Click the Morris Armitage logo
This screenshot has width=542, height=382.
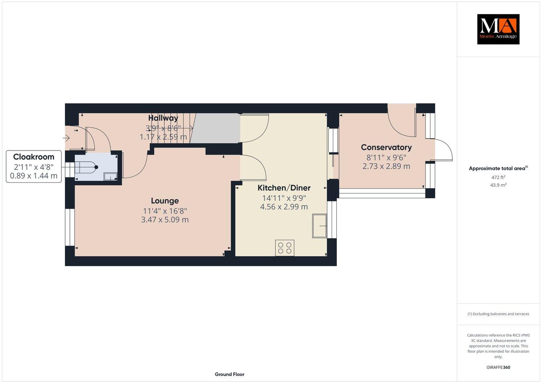[x=498, y=29]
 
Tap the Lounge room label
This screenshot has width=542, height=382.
[x=165, y=201]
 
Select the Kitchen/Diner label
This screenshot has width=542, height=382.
[x=284, y=188]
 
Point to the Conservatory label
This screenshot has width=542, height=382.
[x=386, y=147]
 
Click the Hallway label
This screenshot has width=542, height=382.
[x=163, y=118]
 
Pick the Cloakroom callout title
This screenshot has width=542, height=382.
[x=34, y=156]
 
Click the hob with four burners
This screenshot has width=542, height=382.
[x=285, y=248]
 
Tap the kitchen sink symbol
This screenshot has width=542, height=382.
[x=320, y=226]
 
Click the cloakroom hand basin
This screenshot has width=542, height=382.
[x=110, y=176]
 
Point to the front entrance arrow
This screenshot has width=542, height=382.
[x=66, y=138]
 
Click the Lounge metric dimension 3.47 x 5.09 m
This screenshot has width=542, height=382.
[x=165, y=220]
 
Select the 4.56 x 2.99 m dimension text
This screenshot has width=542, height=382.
[x=284, y=207]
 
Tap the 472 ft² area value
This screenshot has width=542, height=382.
[x=498, y=177]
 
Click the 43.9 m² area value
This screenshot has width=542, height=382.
[x=498, y=185]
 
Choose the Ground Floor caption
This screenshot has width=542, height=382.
[x=229, y=374]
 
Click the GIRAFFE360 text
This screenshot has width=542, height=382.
[x=498, y=367]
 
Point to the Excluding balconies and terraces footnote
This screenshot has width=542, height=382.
[x=498, y=314]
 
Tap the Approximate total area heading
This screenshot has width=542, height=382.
[x=498, y=169]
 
